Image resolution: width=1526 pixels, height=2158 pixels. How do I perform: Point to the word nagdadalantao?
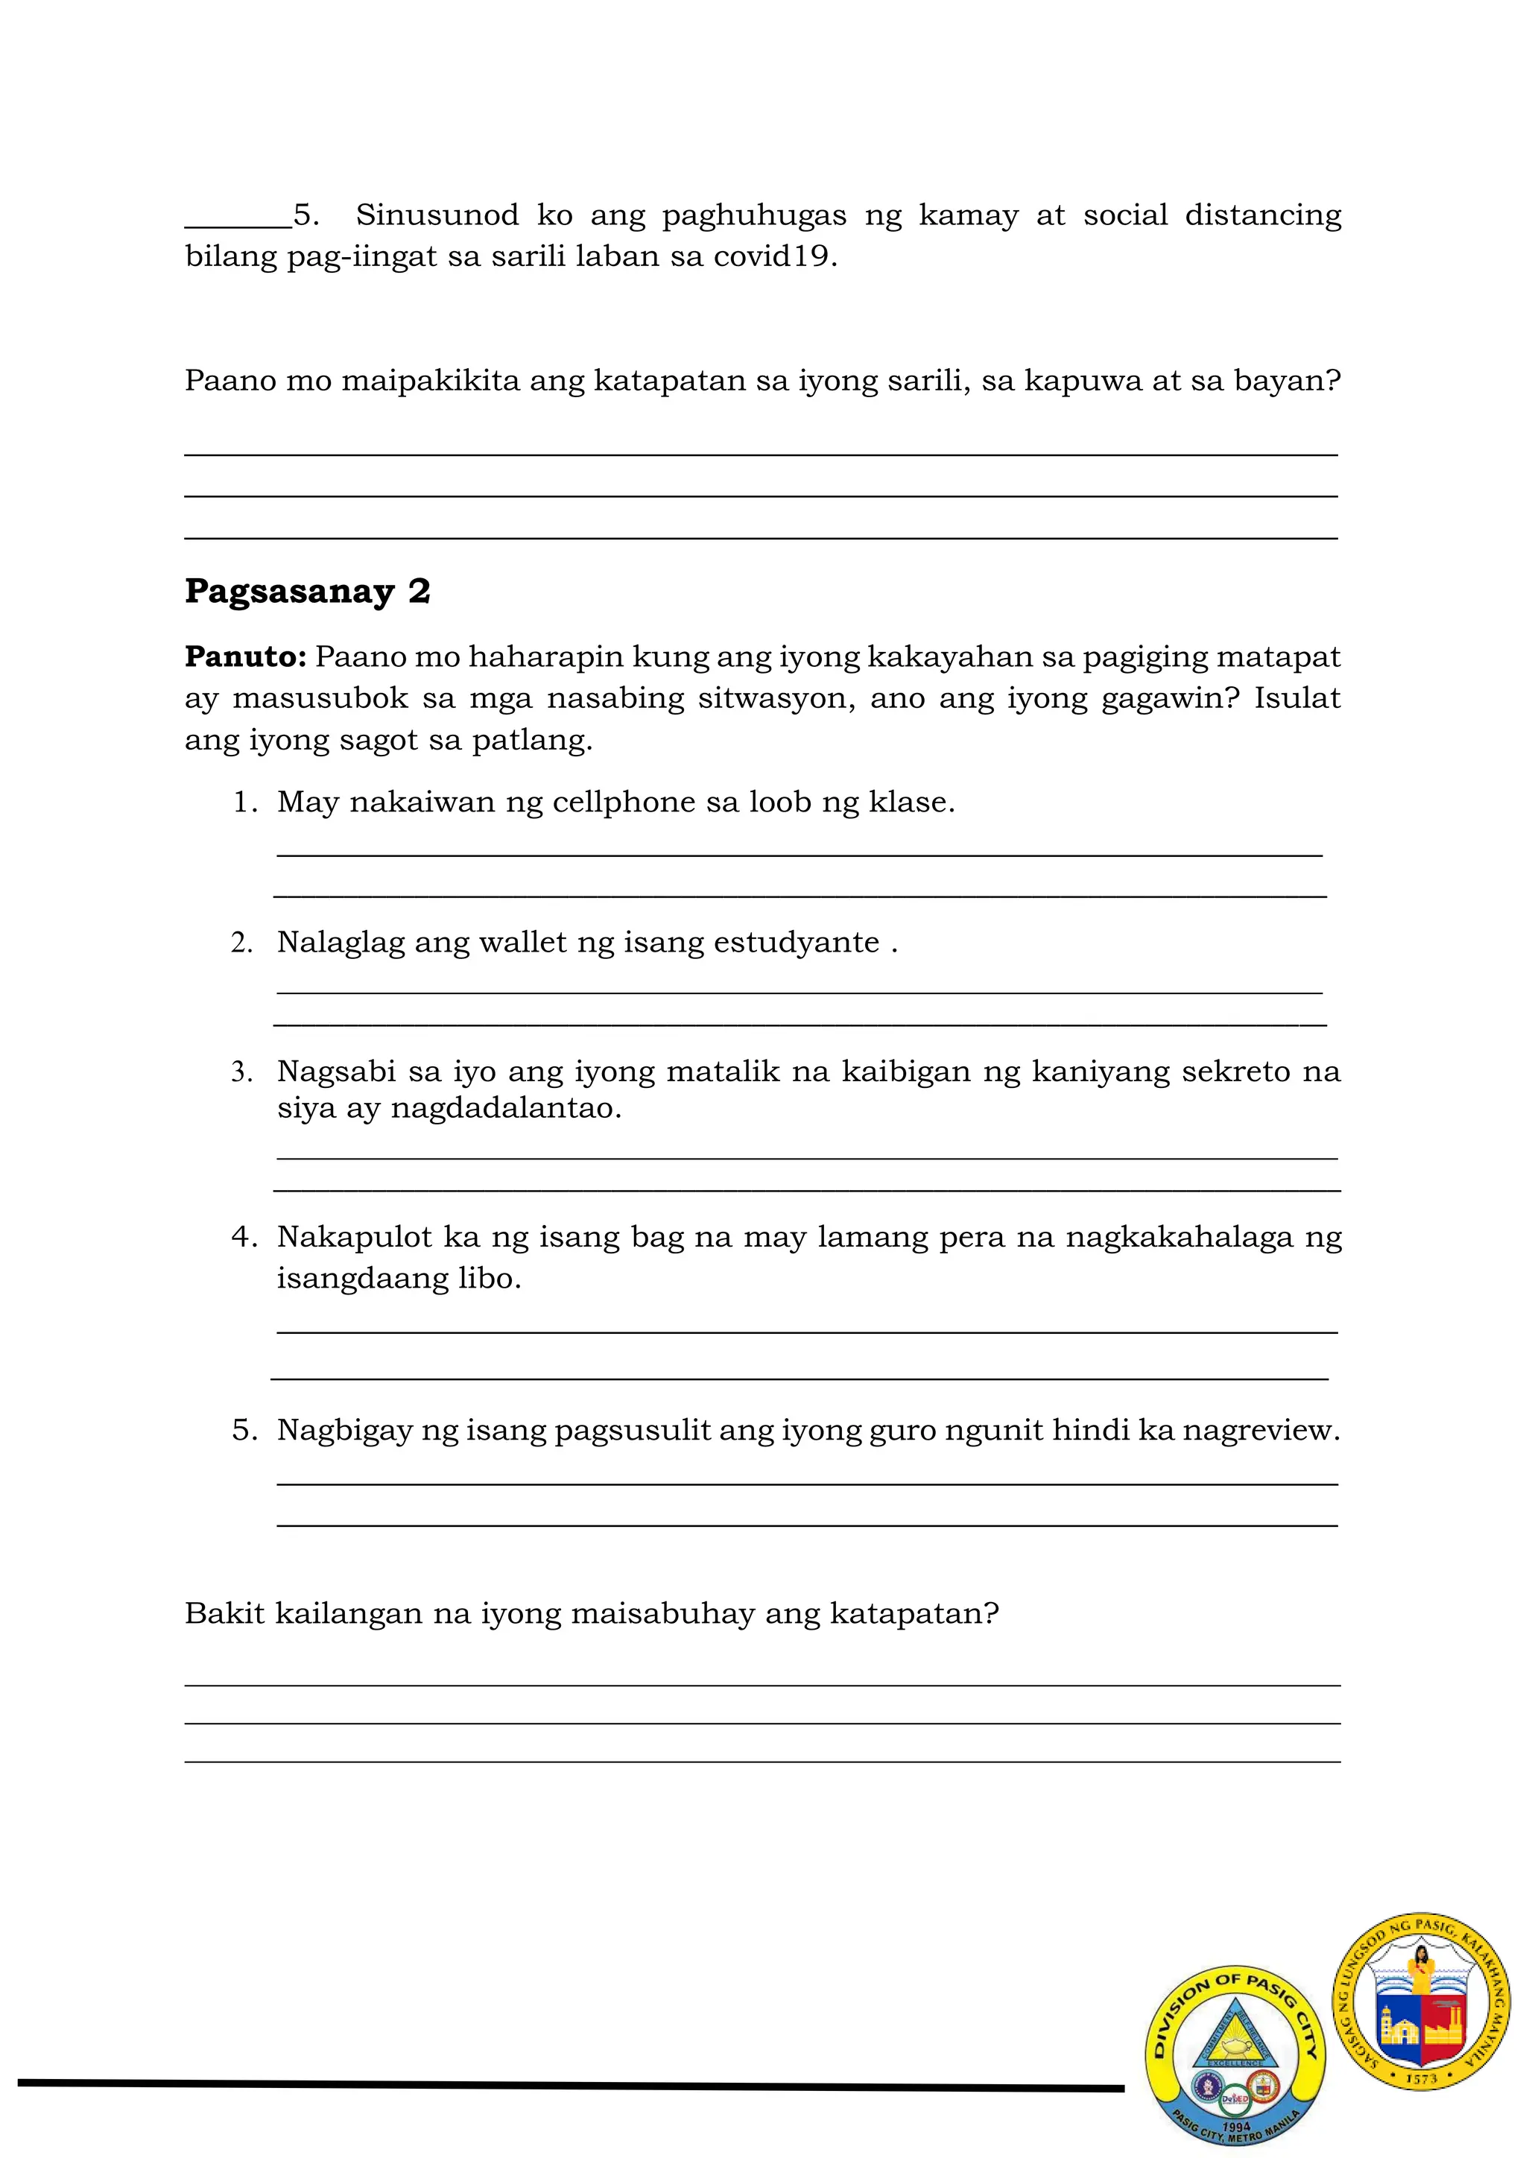pos(507,1108)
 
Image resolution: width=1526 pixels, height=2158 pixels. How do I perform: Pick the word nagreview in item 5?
pos(1259,1431)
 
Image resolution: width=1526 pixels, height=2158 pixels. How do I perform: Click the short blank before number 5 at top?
pos(238,224)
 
